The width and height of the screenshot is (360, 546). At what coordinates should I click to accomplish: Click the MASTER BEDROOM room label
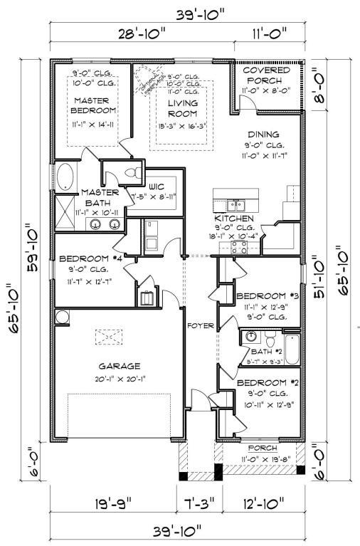coord(94,105)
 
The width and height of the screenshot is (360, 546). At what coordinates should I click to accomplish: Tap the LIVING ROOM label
coord(183,108)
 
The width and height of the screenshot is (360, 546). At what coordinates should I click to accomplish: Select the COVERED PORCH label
coord(267,75)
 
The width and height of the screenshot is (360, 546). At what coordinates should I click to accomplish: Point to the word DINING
coord(264,135)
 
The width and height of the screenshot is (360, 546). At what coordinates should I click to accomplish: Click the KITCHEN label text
coord(230,219)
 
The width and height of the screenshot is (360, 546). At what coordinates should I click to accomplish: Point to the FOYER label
coord(201,327)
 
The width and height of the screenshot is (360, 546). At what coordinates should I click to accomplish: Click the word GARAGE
coord(120,366)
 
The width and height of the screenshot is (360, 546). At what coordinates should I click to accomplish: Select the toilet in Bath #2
coord(250,337)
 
